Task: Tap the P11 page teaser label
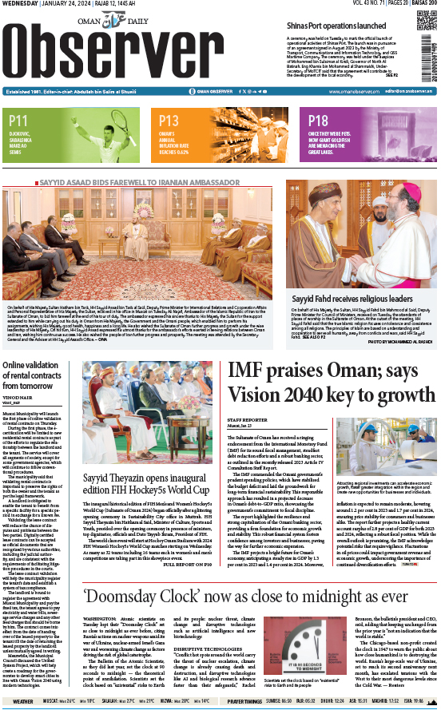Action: pyautogui.click(x=20, y=121)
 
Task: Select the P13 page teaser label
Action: pyautogui.click(x=170, y=121)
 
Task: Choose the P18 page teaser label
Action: pyautogui.click(x=318, y=121)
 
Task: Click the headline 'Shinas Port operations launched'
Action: pyautogui.click(x=340, y=26)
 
